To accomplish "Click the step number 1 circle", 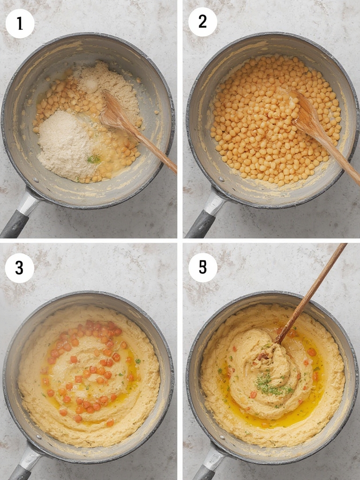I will [x=20, y=23].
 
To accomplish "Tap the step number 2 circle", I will [x=202, y=22].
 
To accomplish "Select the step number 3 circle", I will [x=19, y=268].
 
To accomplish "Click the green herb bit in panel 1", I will [x=94, y=159].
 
